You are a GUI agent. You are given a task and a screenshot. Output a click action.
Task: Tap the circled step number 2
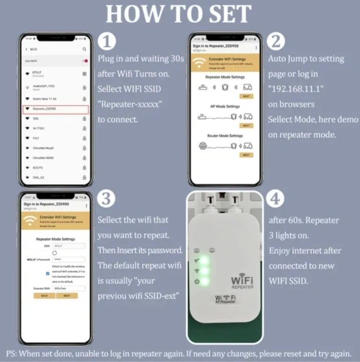click(276, 41)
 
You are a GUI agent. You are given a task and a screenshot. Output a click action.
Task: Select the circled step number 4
click(276, 199)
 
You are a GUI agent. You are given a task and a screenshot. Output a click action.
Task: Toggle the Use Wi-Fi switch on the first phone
click(85, 61)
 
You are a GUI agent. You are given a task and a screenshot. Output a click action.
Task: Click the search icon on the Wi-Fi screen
click(84, 49)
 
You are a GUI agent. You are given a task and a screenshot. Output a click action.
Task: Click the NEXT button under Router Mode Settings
click(246, 155)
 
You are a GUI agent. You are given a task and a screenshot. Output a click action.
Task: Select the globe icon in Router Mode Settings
click(203, 146)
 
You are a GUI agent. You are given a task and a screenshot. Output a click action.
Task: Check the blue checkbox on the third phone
click(47, 274)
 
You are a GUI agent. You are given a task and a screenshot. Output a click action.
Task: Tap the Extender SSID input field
click(69, 289)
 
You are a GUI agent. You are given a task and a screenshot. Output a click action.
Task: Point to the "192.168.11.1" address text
click(296, 89)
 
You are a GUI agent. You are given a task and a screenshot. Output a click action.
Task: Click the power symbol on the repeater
click(197, 281)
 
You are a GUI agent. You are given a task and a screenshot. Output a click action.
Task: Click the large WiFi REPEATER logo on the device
click(242, 281)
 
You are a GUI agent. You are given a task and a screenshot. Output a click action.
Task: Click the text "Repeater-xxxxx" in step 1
click(130, 104)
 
